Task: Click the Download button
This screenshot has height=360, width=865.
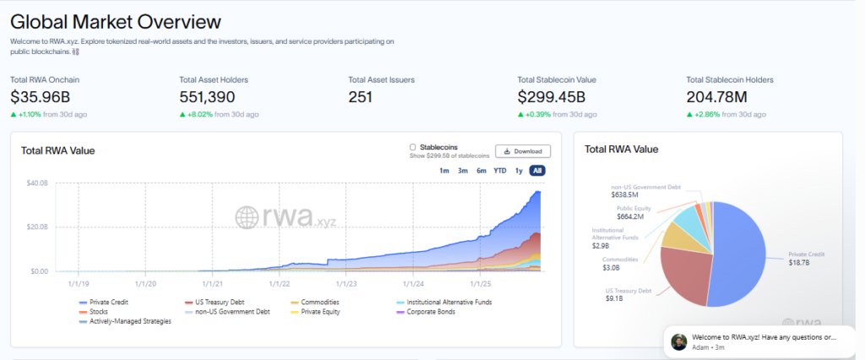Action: click(x=523, y=151)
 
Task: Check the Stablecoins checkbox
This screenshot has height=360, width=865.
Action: click(x=412, y=147)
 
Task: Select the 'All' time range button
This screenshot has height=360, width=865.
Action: click(x=537, y=171)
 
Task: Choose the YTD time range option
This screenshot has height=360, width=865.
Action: click(x=500, y=171)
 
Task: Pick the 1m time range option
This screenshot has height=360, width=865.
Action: click(x=443, y=171)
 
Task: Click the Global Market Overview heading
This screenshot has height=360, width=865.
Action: click(x=116, y=22)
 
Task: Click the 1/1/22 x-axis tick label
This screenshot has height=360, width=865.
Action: click(x=280, y=285)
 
